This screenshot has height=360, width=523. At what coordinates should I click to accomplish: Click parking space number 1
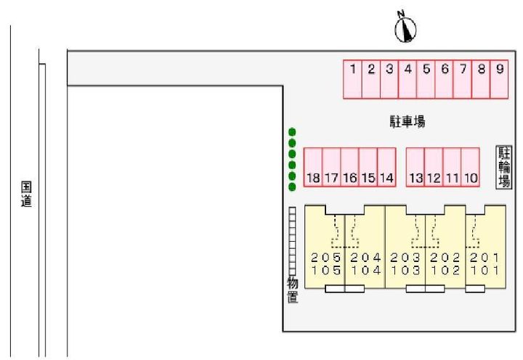tap(352, 79)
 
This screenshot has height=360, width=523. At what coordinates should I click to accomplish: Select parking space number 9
tap(500, 79)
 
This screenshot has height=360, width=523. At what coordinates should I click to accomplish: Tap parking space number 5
tap(426, 79)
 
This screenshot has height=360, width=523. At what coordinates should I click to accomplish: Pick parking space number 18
tap(313, 168)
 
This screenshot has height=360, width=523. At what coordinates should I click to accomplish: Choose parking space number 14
tap(386, 168)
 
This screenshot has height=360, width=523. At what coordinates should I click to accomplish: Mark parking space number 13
tap(415, 168)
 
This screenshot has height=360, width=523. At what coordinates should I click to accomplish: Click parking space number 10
tap(471, 168)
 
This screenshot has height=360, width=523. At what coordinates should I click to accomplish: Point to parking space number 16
tap(349, 168)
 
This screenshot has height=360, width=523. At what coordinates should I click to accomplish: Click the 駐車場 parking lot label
tap(407, 122)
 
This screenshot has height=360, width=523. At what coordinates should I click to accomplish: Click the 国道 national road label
tap(26, 195)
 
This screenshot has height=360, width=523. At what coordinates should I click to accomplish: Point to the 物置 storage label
tap(293, 290)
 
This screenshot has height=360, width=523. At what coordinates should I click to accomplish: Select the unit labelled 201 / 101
tap(485, 263)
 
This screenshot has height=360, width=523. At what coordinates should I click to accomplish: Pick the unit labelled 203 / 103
tap(405, 263)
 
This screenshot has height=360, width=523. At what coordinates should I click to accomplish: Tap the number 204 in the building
tap(365, 258)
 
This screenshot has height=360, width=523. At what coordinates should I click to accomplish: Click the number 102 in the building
tap(445, 271)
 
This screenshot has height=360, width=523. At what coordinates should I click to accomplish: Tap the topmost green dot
tap(292, 132)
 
